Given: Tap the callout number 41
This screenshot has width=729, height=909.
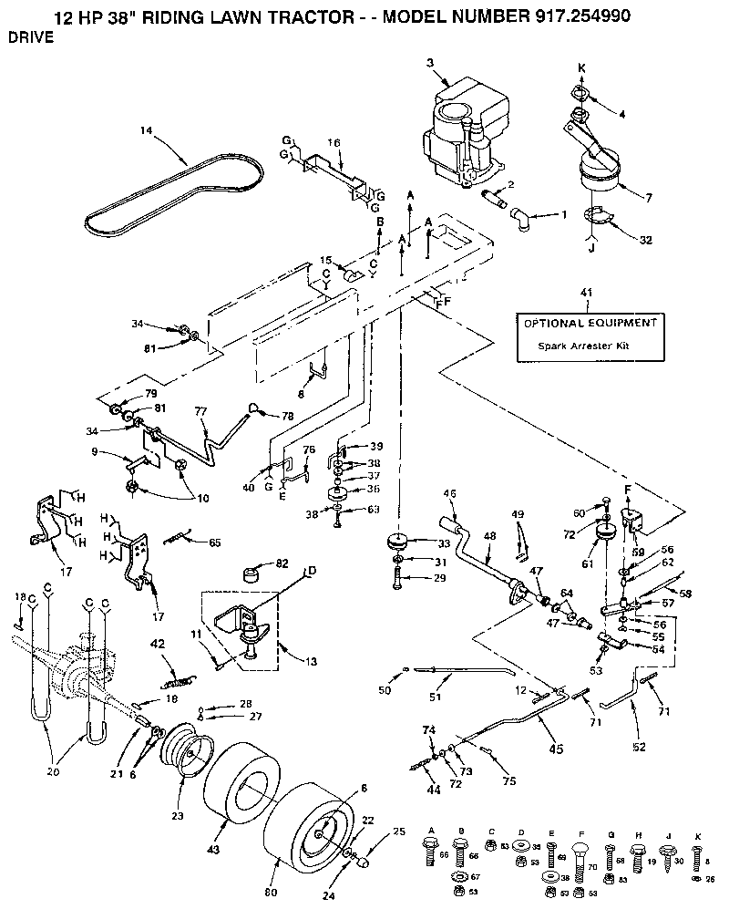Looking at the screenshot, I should click(586, 293).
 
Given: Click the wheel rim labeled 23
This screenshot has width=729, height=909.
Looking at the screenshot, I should click(188, 749).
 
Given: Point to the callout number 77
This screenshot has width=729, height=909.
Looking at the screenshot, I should click(202, 411).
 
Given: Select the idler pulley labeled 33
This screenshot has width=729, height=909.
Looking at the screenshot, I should click(398, 541).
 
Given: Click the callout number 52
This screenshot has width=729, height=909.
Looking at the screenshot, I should click(640, 747).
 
